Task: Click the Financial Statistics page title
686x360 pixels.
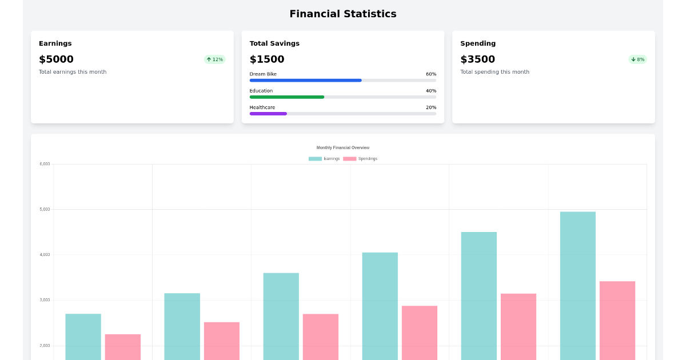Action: pos(342,14)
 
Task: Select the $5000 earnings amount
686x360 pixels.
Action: pos(56,59)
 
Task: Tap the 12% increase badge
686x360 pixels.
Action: pos(215,59)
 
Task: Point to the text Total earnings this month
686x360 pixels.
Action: pos(73,72)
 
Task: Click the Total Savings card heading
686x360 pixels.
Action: pos(274,43)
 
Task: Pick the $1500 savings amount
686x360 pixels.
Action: pos(267,59)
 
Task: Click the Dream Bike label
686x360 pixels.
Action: pos(263,74)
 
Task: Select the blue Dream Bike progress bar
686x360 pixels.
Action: pos(305,81)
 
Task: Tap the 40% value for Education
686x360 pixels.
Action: pos(430,91)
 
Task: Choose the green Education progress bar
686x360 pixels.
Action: pos(287,97)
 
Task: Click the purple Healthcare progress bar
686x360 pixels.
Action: pos(268,114)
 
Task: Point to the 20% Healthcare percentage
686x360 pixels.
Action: pos(430,107)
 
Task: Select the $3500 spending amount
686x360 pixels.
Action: pos(477,59)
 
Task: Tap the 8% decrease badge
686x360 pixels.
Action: pos(637,59)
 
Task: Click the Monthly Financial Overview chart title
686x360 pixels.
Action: pos(342,147)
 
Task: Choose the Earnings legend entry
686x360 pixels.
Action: pos(324,158)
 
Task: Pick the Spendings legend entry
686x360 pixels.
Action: pos(360,158)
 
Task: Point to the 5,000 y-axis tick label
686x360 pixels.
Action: pos(45,209)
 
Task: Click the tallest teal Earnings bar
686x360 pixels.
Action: pos(577,286)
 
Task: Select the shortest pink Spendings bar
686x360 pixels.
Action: pos(122,347)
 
